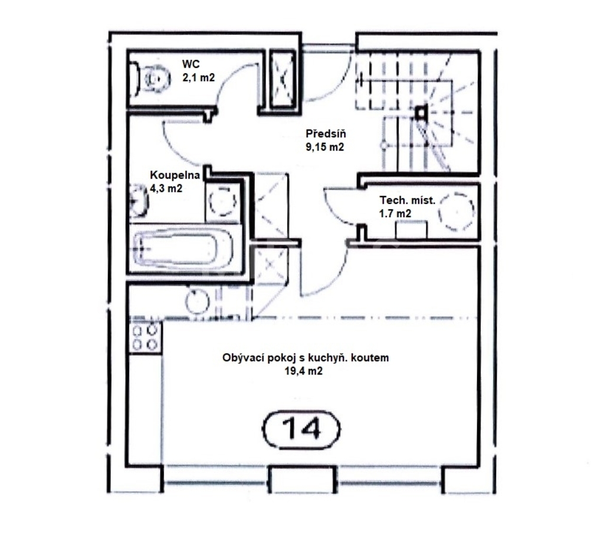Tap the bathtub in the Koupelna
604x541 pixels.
183,248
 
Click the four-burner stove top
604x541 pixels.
145,337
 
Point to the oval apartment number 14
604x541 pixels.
301,429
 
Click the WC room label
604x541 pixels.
191,64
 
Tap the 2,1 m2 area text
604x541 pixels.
198,77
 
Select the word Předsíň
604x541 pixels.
326,134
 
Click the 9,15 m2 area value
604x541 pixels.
325,147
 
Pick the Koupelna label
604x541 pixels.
175,175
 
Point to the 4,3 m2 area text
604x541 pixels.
166,188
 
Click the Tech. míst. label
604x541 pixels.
408,200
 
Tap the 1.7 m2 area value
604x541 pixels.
395,213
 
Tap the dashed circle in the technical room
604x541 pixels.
457,211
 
